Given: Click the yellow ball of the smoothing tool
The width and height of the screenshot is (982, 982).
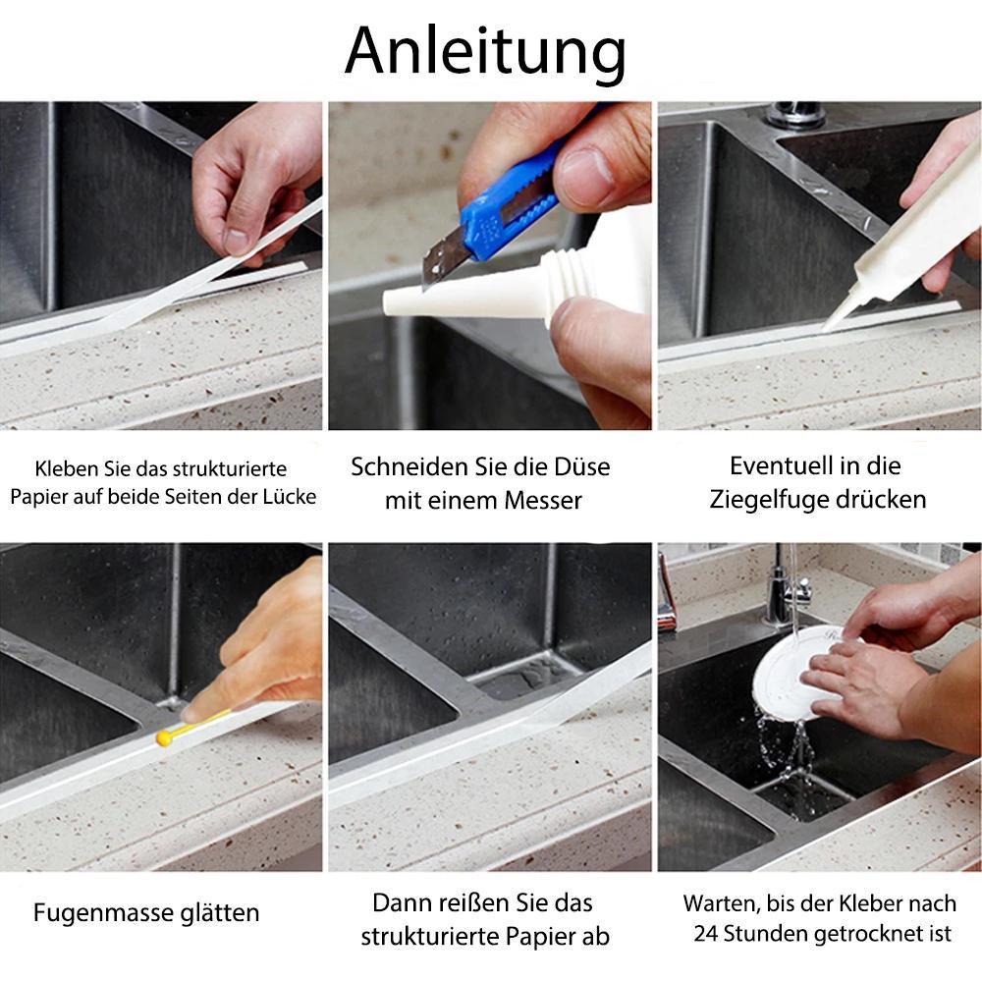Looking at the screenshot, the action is pos(164,737).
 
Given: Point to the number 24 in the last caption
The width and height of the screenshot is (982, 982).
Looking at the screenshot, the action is pos(705,934).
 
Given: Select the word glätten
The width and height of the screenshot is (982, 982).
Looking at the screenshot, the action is pos(220,913).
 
